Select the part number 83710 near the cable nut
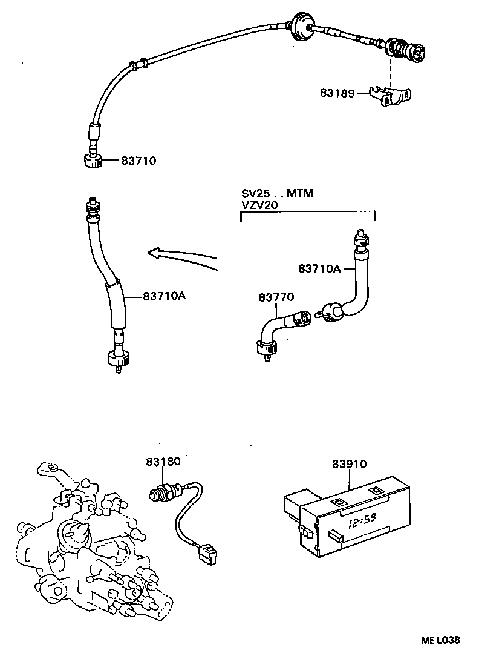(x=138, y=161)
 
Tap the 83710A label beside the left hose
(x=164, y=296)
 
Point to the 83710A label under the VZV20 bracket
(x=318, y=268)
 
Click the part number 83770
(x=276, y=297)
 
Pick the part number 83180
(x=163, y=462)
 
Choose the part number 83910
(x=349, y=464)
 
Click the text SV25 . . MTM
(x=277, y=194)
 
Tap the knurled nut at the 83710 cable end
(x=91, y=161)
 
